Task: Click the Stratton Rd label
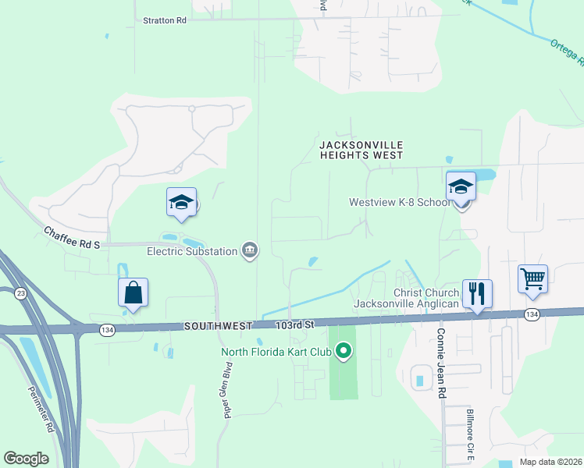[165, 21]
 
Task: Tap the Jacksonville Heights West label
[361, 151]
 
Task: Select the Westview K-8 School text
[399, 202]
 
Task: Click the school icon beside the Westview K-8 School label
[461, 187]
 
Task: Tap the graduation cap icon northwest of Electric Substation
[182, 203]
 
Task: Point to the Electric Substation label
[192, 251]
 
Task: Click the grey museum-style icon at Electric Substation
[251, 250]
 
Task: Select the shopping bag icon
[134, 292]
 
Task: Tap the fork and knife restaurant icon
[477, 293]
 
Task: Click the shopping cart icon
[532, 278]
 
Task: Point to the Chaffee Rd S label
[73, 239]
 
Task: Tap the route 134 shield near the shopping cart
[532, 314]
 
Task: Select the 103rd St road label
[294, 323]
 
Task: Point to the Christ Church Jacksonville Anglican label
[406, 297]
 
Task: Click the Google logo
[26, 458]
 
